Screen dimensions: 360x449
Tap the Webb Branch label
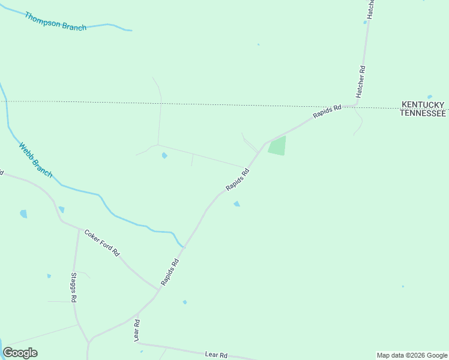(35, 160)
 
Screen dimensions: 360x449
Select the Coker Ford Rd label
(102, 243)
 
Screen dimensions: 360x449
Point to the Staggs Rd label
(73, 287)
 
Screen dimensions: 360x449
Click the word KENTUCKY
(423, 105)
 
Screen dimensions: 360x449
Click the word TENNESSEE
(423, 113)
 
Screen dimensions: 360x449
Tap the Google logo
(20, 353)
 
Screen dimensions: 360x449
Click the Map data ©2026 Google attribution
(412, 355)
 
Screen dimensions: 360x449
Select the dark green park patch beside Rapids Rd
(277, 146)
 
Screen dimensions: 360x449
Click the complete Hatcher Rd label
(361, 82)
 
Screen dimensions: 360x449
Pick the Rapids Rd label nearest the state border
(327, 112)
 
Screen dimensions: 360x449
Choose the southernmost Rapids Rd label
(170, 272)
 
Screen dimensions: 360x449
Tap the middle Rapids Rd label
(237, 180)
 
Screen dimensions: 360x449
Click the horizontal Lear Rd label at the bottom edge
(216, 355)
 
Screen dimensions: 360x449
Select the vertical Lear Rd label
(137, 331)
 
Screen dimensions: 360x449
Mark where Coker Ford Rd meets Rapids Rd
(158, 290)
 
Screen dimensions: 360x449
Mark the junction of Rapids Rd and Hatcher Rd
(354, 106)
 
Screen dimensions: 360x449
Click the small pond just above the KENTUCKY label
(429, 97)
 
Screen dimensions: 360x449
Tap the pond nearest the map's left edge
(23, 214)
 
